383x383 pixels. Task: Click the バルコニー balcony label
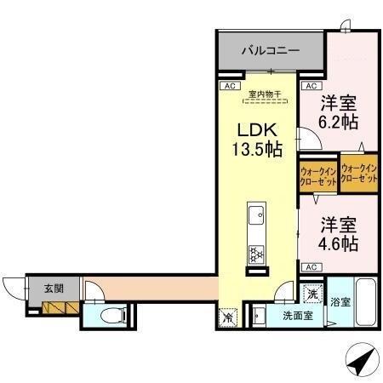(269, 51)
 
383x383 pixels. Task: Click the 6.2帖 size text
(338, 122)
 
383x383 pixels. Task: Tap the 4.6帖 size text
(339, 243)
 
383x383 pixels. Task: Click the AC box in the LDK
(227, 86)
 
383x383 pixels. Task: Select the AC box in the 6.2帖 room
(311, 86)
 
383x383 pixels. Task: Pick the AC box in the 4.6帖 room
(310, 266)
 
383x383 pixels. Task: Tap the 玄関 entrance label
(54, 288)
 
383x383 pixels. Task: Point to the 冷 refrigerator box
(228, 317)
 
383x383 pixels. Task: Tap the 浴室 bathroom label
(340, 301)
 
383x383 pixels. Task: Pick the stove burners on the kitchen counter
(255, 253)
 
